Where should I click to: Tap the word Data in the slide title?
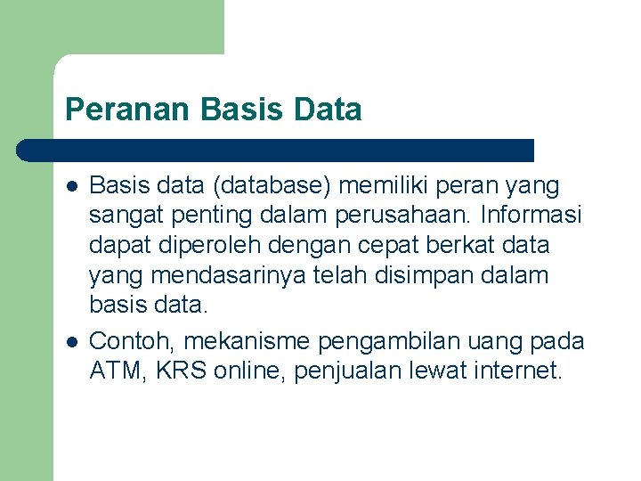(x=329, y=110)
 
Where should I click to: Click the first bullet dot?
(x=71, y=187)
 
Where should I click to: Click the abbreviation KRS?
(x=181, y=371)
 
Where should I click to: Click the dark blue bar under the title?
(x=276, y=150)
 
